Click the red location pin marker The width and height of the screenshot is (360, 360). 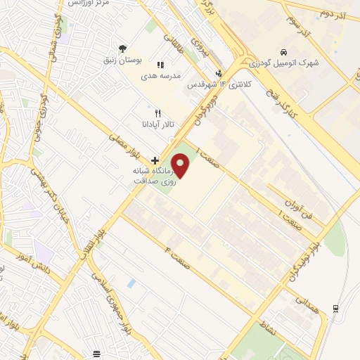pyautogui.click(x=181, y=167)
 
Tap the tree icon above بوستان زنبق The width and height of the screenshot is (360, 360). pyautogui.click(x=123, y=49)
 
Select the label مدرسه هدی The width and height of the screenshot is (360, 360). pyautogui.click(x=161, y=75)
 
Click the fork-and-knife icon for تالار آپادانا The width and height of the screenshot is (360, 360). pyautogui.click(x=157, y=112)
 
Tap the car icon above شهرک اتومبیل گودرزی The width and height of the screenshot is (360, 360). pyautogui.click(x=283, y=53)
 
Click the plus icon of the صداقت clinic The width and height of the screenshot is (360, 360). pyautogui.click(x=155, y=160)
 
